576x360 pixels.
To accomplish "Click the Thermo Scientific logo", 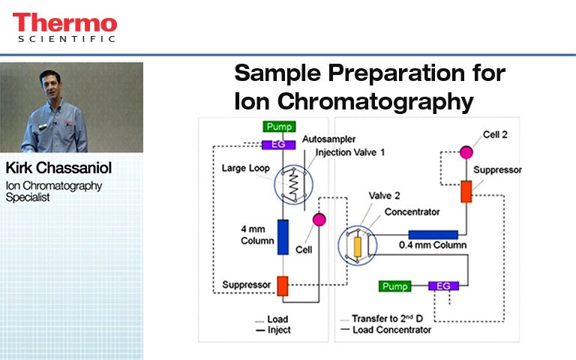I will click(64, 28).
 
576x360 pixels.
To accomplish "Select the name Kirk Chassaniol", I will click(58, 167).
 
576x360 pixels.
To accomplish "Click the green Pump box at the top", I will click(279, 127).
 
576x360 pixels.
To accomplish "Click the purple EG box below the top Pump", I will click(277, 144).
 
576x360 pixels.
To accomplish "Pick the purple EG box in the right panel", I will click(444, 286).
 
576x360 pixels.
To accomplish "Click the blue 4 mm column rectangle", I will click(283, 236).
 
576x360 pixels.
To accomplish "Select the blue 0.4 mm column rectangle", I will click(433, 235).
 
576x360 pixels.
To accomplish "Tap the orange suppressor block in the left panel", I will click(283, 285).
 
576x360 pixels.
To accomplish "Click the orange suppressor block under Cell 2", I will click(466, 191).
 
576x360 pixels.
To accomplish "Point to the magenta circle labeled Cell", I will click(318, 219).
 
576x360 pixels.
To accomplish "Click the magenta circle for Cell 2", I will click(466, 152).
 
